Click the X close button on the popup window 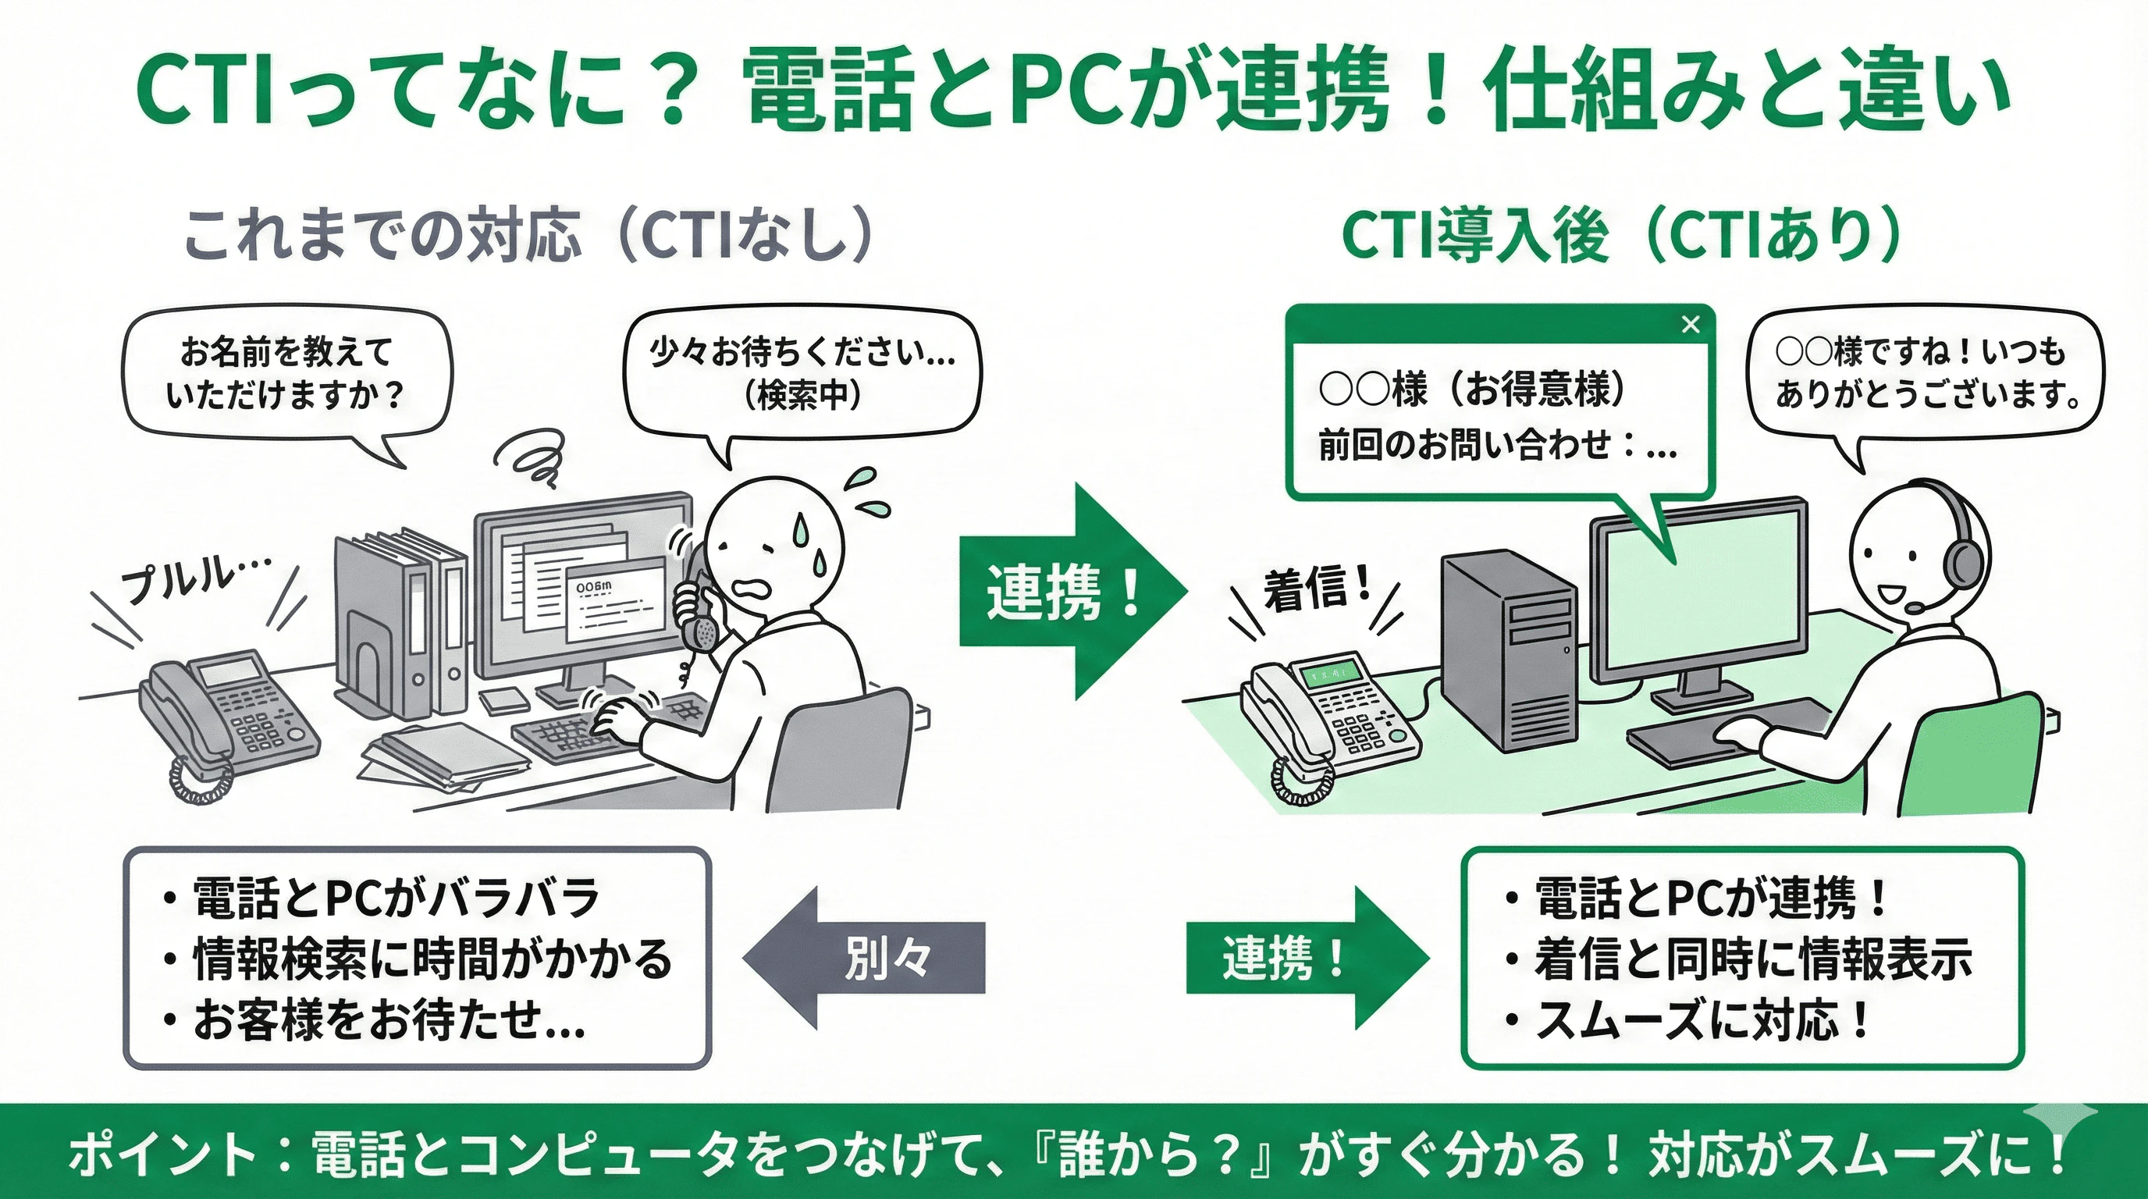click(1690, 325)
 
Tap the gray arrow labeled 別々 click(867, 957)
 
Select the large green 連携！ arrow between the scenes click(1072, 591)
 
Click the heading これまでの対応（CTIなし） click(528, 234)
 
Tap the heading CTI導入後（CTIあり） click(1621, 234)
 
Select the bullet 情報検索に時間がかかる click(432, 959)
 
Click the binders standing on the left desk click(400, 625)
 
